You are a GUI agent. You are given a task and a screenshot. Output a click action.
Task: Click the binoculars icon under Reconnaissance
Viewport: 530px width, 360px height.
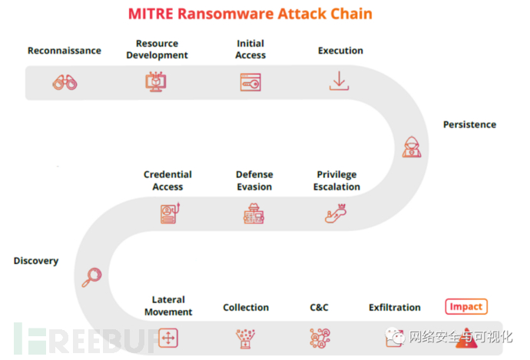(x=65, y=82)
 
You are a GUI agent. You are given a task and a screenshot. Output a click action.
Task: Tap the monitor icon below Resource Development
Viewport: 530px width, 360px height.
(x=156, y=81)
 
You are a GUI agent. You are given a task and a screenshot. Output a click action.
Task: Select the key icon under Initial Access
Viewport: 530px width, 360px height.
(x=250, y=82)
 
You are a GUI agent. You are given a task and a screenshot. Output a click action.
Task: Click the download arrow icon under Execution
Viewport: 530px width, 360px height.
(x=339, y=81)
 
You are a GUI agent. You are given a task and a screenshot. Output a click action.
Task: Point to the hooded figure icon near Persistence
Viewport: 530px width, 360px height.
(x=412, y=147)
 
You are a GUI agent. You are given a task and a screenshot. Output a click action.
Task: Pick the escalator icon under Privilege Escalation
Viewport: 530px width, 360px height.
(x=336, y=213)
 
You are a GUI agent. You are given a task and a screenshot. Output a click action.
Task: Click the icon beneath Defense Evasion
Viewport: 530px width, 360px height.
(x=253, y=213)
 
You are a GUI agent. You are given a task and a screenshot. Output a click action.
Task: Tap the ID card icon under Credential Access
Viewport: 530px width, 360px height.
(x=170, y=213)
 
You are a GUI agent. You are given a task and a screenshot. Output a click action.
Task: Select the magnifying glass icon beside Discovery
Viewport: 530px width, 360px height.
(x=91, y=277)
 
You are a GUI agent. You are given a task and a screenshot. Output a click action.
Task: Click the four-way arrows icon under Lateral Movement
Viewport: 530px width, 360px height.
(x=168, y=338)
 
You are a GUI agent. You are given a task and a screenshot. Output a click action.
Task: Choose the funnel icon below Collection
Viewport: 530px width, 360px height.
(x=245, y=339)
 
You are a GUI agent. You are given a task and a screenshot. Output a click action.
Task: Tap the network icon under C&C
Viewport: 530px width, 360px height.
(x=320, y=338)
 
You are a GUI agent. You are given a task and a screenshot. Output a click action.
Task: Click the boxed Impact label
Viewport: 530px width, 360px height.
(x=466, y=306)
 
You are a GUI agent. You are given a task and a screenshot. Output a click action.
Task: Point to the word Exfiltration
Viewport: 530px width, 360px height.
(x=395, y=307)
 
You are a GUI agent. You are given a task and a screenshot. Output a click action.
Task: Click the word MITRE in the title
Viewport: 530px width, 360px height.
(x=151, y=14)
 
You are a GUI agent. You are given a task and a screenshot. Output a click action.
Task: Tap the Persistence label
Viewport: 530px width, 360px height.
(x=470, y=124)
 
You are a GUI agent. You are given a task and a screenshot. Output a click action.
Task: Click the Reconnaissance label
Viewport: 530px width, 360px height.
(x=65, y=51)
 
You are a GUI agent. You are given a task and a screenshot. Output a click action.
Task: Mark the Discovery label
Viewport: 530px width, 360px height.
(x=36, y=261)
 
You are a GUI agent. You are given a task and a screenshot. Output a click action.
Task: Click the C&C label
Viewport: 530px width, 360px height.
(x=319, y=307)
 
